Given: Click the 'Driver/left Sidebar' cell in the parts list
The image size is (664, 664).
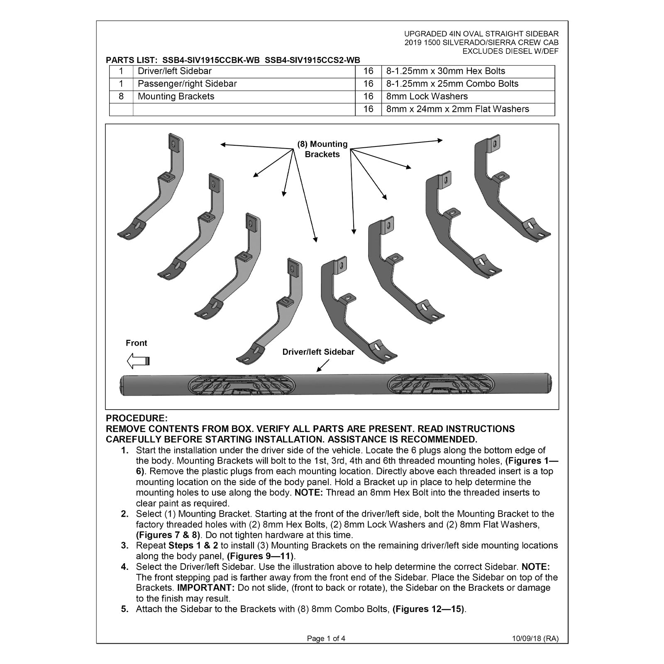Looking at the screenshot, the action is [244, 71].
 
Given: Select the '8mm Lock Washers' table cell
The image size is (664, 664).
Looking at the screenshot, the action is [468, 97].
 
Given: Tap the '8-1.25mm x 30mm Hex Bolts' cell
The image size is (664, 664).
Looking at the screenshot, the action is [468, 71].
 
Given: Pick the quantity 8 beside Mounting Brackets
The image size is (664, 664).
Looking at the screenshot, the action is [121, 97].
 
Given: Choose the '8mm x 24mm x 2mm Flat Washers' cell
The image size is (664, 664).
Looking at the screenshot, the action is [468, 110].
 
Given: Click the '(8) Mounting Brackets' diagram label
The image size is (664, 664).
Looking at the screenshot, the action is [322, 149].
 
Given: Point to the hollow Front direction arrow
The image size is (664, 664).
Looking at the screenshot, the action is [138, 361].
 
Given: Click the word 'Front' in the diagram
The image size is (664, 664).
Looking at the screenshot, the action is [137, 343].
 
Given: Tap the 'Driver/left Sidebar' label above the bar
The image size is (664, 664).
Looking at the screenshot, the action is [318, 352].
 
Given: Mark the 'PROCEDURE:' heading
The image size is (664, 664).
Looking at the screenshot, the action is [137, 418].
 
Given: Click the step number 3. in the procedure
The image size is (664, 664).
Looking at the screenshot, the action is [125, 546].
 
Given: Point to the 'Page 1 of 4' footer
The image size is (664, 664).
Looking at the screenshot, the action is [326, 639].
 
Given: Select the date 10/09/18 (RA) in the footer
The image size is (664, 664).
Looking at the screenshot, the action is [535, 639].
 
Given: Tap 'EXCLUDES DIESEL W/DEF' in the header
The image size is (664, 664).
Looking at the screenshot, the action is [510, 51].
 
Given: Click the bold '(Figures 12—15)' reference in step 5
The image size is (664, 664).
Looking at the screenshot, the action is [428, 609].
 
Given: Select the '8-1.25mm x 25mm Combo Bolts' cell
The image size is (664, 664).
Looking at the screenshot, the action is [468, 84].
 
